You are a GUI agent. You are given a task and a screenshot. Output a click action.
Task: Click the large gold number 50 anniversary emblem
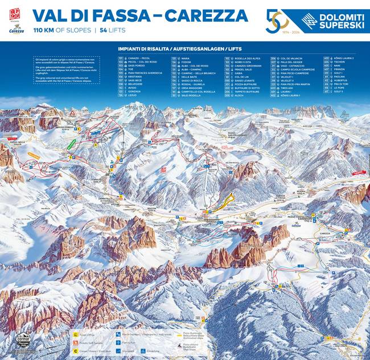pos(278,21)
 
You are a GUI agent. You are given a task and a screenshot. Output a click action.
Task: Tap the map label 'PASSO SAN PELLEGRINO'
pos(239,134)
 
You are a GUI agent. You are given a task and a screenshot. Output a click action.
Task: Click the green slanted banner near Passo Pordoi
pos(71,144)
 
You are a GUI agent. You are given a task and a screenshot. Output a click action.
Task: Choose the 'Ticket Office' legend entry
pos(85,336)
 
